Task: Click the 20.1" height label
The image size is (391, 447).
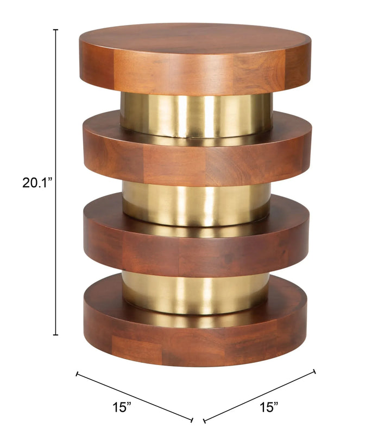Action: point(36,183)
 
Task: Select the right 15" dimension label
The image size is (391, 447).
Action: point(268,406)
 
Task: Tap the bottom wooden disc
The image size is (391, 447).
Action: point(195,336)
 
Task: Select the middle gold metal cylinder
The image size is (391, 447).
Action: point(195,203)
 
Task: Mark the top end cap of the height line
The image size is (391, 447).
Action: point(55,30)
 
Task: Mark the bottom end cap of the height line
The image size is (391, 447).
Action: point(55,335)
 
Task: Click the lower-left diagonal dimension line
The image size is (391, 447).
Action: point(134,396)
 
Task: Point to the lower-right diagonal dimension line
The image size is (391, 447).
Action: point(259,395)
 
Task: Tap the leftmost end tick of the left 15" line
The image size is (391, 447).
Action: point(77,374)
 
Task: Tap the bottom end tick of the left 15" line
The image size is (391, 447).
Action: point(192,419)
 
